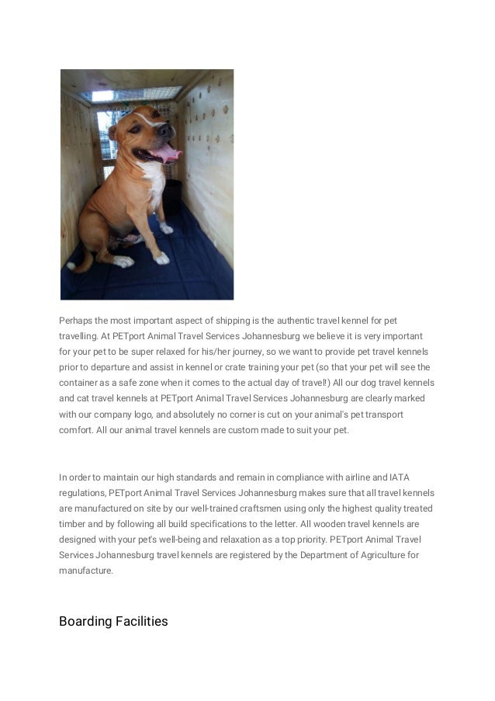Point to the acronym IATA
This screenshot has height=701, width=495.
tap(400, 477)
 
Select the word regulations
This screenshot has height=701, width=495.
tap(82, 492)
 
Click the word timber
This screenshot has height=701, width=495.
tap(73, 523)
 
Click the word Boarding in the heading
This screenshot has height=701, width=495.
tap(84, 621)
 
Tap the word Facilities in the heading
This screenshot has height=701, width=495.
tap(140, 621)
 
